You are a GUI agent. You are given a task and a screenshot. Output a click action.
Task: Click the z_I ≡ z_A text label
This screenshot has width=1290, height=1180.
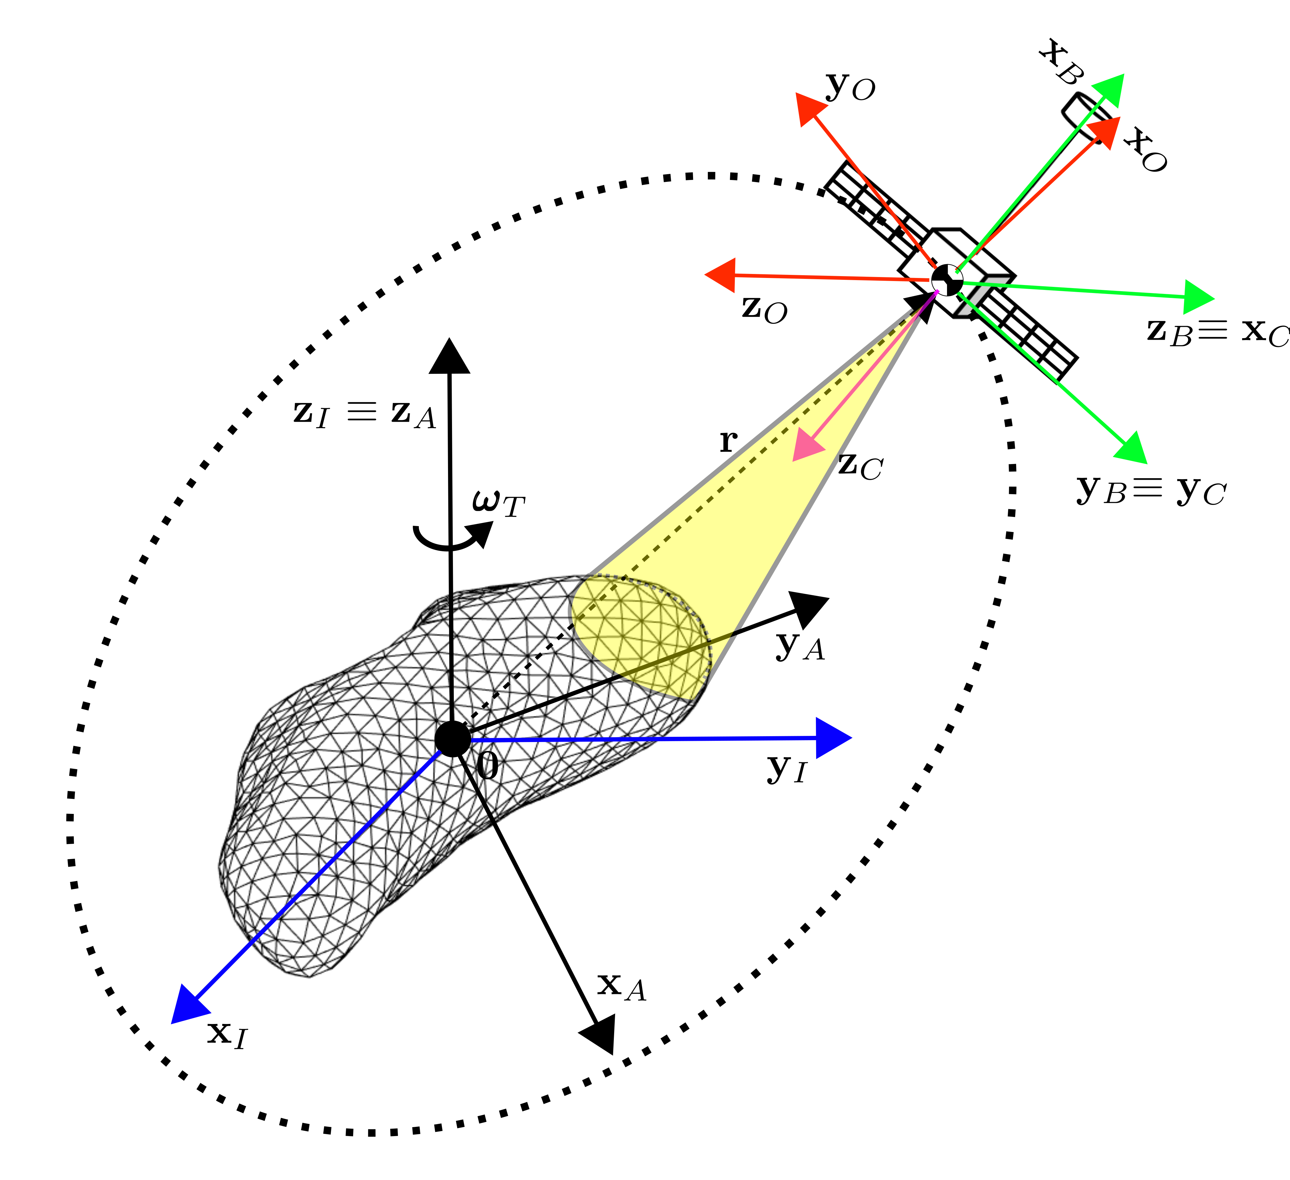(365, 413)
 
